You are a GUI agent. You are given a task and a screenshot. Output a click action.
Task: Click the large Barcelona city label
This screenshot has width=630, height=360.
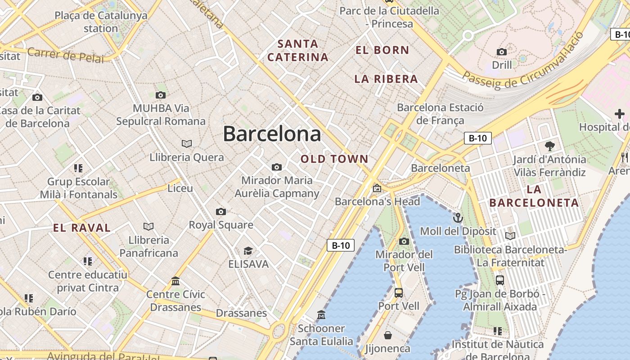pos(272,134)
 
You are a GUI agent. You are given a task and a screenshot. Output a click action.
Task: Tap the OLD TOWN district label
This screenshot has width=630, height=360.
pos(334,159)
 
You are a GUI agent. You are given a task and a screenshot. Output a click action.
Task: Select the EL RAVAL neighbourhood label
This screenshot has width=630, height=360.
pos(82,228)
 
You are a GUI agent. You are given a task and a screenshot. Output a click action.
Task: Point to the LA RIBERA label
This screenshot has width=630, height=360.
pos(386,79)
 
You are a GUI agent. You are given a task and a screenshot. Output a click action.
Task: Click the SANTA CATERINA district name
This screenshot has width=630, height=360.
pos(298,50)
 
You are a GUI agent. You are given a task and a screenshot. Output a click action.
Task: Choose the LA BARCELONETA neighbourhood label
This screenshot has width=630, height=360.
pos(534,196)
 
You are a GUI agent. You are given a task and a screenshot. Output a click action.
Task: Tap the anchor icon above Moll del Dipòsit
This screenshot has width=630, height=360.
pos(458,218)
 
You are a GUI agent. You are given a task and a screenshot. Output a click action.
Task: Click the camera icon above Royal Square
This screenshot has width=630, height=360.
pos(220,211)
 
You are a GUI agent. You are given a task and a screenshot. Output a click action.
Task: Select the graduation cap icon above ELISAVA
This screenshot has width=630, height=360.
pos(248,251)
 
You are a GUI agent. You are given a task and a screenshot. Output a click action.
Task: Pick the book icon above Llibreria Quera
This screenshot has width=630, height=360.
pos(187,144)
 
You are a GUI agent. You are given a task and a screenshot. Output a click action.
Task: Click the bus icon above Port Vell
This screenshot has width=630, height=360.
pos(398,293)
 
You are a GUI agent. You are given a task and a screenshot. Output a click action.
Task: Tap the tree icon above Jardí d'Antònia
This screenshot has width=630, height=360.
pos(549,146)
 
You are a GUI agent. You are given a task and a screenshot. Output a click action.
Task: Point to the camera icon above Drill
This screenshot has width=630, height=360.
pos(502,52)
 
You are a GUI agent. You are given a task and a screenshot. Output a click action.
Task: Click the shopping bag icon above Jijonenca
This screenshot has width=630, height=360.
pos(387,335)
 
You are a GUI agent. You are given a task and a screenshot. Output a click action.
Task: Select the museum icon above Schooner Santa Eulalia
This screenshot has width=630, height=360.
pos(321,315)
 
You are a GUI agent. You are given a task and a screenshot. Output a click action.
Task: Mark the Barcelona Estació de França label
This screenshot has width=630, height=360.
pos(440,114)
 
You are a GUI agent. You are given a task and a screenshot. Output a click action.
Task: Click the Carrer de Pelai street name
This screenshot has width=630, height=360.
pos(65,55)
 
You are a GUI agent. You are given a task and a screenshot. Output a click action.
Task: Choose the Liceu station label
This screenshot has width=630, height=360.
pos(180,188)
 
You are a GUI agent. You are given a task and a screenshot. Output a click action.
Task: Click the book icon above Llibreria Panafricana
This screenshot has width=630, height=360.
pos(148,226)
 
